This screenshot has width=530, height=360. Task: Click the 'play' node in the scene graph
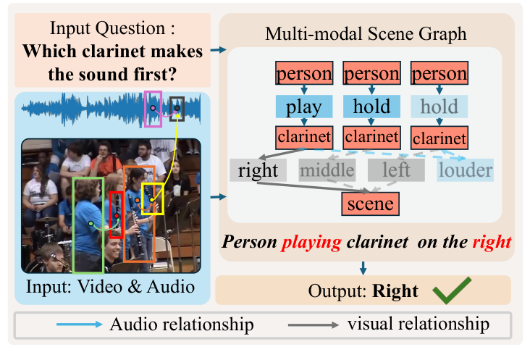(303, 107)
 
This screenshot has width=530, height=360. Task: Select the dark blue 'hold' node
(371, 107)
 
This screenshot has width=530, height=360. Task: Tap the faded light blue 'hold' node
(439, 107)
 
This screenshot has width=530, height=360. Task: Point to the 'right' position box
(258, 171)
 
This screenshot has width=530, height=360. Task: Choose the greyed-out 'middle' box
(328, 171)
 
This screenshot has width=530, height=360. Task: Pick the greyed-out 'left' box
(395, 171)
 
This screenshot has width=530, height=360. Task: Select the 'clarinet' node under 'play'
(303, 136)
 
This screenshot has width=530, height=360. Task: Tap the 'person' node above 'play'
(303, 74)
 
